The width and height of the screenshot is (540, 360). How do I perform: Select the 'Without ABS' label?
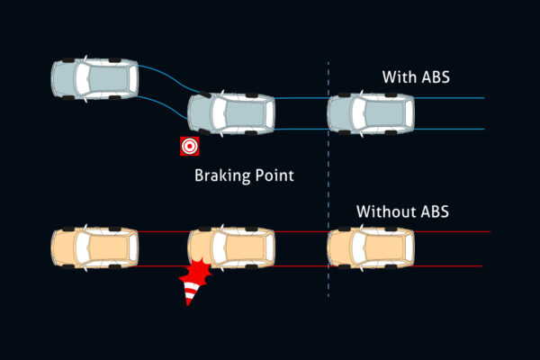click(x=402, y=212)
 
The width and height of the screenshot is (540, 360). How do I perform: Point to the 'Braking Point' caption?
click(x=244, y=175)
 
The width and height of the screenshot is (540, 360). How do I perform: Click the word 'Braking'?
click(x=221, y=175)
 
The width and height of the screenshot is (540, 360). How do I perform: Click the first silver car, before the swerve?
click(x=94, y=77)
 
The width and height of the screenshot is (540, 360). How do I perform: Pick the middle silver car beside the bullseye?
click(x=231, y=114)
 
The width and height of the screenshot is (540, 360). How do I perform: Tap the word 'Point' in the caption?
click(x=274, y=175)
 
